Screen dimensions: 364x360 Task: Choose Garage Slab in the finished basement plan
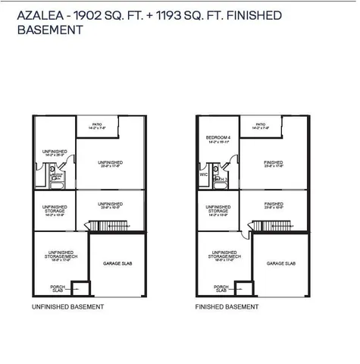pos(280,263)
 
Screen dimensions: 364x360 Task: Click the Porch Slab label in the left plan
pos(55,288)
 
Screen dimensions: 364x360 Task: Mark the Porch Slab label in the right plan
pos(220,288)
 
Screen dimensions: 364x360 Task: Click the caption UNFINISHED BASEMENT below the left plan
pos(67,307)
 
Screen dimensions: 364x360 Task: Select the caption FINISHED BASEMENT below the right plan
pos(227,307)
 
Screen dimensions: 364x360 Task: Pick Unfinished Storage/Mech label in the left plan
pos(55,256)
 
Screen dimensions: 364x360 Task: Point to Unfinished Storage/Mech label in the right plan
pos(220,256)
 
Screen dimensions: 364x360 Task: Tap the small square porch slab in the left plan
pos(79,288)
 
